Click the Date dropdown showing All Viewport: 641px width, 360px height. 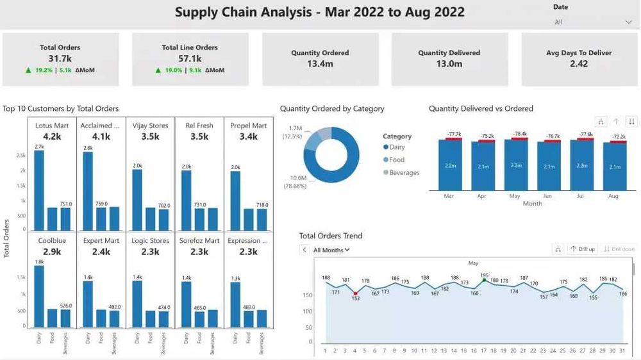(592, 22)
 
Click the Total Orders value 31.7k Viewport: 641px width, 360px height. (60, 59)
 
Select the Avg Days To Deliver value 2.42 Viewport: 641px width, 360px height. (578, 64)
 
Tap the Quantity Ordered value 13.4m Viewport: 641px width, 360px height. (320, 64)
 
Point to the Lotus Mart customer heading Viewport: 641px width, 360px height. (52, 126)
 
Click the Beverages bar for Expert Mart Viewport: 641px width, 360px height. (114, 319)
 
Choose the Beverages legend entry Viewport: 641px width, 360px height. (404, 172)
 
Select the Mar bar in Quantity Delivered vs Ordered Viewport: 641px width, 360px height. (449, 165)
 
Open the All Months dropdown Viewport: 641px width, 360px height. (331, 250)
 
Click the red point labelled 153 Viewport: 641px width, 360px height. (355, 293)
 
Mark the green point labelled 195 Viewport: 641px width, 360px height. (485, 280)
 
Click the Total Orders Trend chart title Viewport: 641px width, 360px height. (330, 236)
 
